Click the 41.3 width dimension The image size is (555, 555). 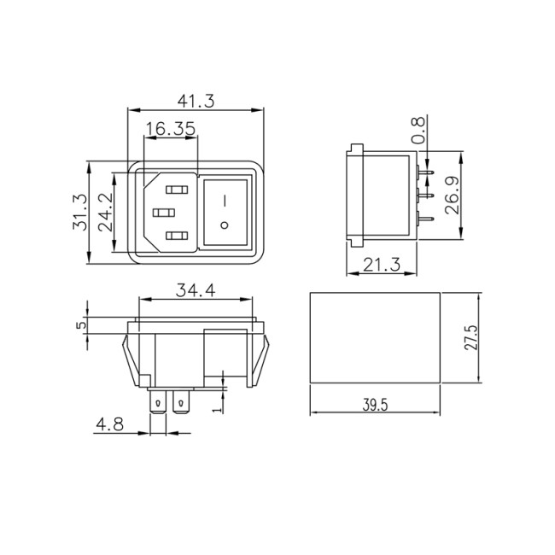(196, 100)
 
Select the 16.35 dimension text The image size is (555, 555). (171, 129)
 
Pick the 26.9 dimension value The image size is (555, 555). (453, 198)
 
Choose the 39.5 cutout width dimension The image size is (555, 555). (373, 405)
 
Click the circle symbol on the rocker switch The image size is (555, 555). (225, 226)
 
